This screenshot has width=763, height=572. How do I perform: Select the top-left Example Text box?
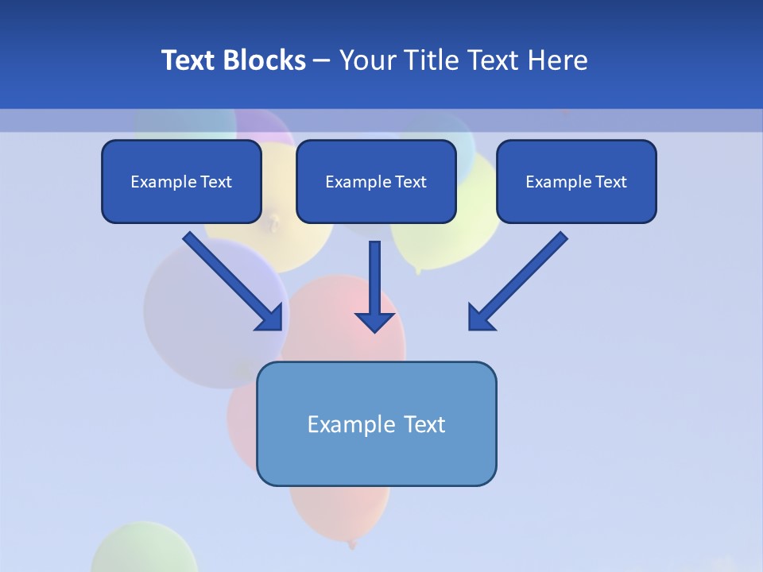[x=181, y=181]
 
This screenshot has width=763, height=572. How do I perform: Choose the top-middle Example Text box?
[x=376, y=181]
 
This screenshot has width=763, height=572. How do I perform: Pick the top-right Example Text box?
[x=576, y=181]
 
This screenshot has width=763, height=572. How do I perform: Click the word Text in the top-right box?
[x=610, y=182]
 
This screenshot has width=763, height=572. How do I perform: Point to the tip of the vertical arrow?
[x=374, y=330]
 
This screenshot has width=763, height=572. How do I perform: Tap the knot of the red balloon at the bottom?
[x=352, y=545]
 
